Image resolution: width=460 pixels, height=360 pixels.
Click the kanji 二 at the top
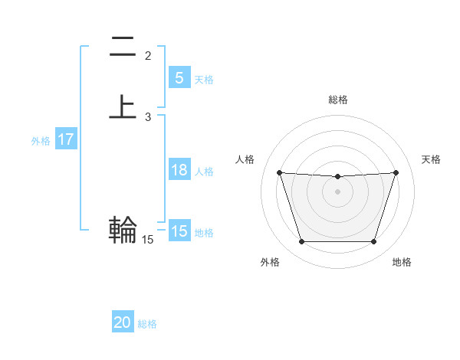pos(123,47)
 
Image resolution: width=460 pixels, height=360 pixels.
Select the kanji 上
pos(123,107)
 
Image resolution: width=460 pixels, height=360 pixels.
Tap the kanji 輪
pos(123,229)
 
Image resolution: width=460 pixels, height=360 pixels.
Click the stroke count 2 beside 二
pos(148,56)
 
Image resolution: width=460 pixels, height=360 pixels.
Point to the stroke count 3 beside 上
pos(148,117)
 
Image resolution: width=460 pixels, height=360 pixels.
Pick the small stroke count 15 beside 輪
pos(148,240)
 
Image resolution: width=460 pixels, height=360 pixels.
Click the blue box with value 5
pos(179,77)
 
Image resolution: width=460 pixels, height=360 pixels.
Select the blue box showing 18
pos(179,170)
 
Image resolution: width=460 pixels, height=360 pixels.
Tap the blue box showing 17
pos(65,140)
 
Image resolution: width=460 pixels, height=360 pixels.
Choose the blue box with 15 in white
pos(179,231)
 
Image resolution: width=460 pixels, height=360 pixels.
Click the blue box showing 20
pos(122,322)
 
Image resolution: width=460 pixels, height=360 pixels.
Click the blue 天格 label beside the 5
pos(204,80)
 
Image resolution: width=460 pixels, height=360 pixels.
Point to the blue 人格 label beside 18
pos(204,172)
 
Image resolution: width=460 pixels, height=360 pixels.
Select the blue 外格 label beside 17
pos(41,141)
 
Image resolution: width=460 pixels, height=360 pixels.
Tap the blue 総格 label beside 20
pos(147,324)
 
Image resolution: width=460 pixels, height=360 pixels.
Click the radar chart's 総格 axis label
pos(337,100)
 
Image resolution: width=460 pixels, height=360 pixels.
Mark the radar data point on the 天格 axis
pos(396,173)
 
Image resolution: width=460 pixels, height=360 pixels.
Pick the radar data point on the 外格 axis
pos(301,242)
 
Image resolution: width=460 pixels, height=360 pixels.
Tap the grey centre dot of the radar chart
pos(337,191)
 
